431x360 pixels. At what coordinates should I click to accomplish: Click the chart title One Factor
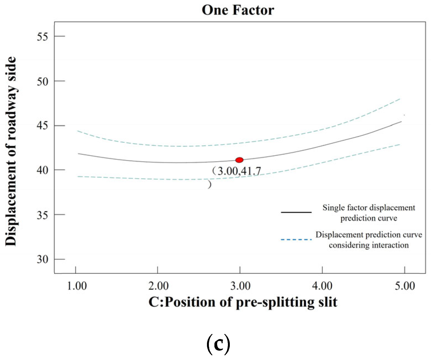[238, 10]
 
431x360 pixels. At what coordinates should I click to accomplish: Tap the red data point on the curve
[239, 160]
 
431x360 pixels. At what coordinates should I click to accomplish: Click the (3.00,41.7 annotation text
[237, 171]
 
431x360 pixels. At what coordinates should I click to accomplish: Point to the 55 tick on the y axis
[42, 36]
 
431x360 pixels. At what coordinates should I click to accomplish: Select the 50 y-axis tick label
[42, 81]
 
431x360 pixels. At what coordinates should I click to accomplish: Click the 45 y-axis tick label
[42, 126]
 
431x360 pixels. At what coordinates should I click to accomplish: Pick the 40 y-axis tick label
[42, 170]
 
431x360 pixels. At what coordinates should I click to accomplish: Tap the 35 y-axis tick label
[42, 215]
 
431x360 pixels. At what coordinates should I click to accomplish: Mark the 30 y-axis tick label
[42, 259]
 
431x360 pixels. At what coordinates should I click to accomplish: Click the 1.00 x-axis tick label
[77, 286]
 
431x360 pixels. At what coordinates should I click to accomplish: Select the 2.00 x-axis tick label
[158, 286]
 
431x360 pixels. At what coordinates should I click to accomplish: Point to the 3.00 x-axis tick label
[240, 286]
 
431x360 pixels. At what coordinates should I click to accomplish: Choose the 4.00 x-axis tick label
[322, 286]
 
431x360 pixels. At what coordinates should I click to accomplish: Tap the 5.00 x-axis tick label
[405, 286]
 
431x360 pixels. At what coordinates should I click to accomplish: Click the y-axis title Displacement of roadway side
[11, 151]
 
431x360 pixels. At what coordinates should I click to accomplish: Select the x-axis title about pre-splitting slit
[243, 302]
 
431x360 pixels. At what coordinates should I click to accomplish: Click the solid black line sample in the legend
[296, 212]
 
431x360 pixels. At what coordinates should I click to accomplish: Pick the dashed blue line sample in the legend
[296, 240]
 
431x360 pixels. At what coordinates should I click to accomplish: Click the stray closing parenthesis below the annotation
[210, 184]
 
